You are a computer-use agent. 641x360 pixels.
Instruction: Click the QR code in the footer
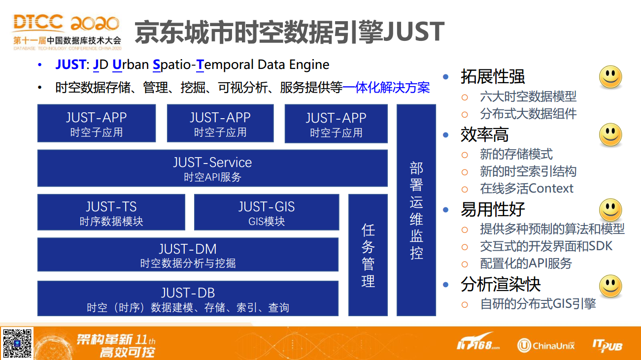point(17,343)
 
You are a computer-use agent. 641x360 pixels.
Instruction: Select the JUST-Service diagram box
point(212,168)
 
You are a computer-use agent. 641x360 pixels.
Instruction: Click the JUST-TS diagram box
point(111,212)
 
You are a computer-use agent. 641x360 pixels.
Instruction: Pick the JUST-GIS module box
point(267,212)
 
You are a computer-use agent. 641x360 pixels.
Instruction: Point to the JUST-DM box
point(188,255)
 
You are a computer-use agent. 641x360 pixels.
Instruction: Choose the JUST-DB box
point(188,298)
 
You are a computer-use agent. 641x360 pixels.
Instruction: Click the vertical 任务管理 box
point(368,255)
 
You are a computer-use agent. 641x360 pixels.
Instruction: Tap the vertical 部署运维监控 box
point(416,210)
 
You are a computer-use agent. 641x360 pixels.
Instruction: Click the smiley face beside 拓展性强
point(610,77)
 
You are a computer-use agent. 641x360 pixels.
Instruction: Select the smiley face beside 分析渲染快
point(610,286)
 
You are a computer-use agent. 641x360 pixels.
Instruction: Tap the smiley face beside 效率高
point(610,134)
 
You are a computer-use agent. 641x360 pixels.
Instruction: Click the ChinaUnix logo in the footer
point(546,345)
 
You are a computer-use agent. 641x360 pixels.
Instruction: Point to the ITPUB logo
point(607,345)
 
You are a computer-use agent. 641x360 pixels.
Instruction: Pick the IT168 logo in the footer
point(478,342)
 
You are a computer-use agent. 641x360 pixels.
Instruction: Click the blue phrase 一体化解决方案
point(386,88)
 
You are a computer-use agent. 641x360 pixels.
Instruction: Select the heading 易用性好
point(493,209)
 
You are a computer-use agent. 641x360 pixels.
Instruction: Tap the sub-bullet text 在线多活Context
point(527,189)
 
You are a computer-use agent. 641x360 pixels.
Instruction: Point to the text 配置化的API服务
point(526,263)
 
